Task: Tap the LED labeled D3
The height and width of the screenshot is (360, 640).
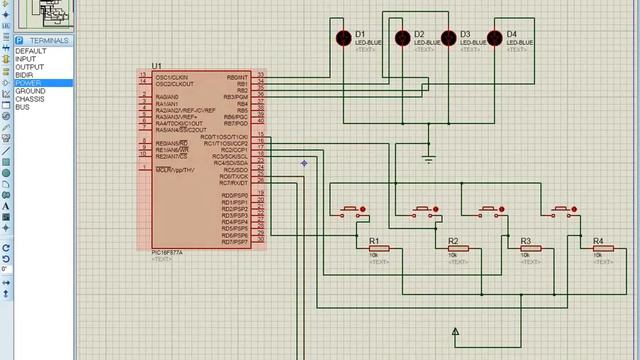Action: coord(449,38)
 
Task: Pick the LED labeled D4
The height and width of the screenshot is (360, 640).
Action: coord(495,38)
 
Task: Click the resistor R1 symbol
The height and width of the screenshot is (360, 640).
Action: coord(378,250)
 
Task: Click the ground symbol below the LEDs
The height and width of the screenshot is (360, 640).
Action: coord(429,158)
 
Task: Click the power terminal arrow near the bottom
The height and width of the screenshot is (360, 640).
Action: coord(455,331)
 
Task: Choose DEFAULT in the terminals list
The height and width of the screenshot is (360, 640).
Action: coord(30,51)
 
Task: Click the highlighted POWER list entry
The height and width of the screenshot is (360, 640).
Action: coord(28,83)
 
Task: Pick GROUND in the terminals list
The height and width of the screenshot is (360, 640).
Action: coord(30,91)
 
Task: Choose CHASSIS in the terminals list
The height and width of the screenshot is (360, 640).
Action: coord(30,99)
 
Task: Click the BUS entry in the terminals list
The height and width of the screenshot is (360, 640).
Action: coord(22,107)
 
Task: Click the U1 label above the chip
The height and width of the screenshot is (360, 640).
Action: coord(157,66)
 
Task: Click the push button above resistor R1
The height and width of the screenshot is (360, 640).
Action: coord(351,211)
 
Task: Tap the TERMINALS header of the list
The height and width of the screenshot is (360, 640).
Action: coord(49,40)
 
